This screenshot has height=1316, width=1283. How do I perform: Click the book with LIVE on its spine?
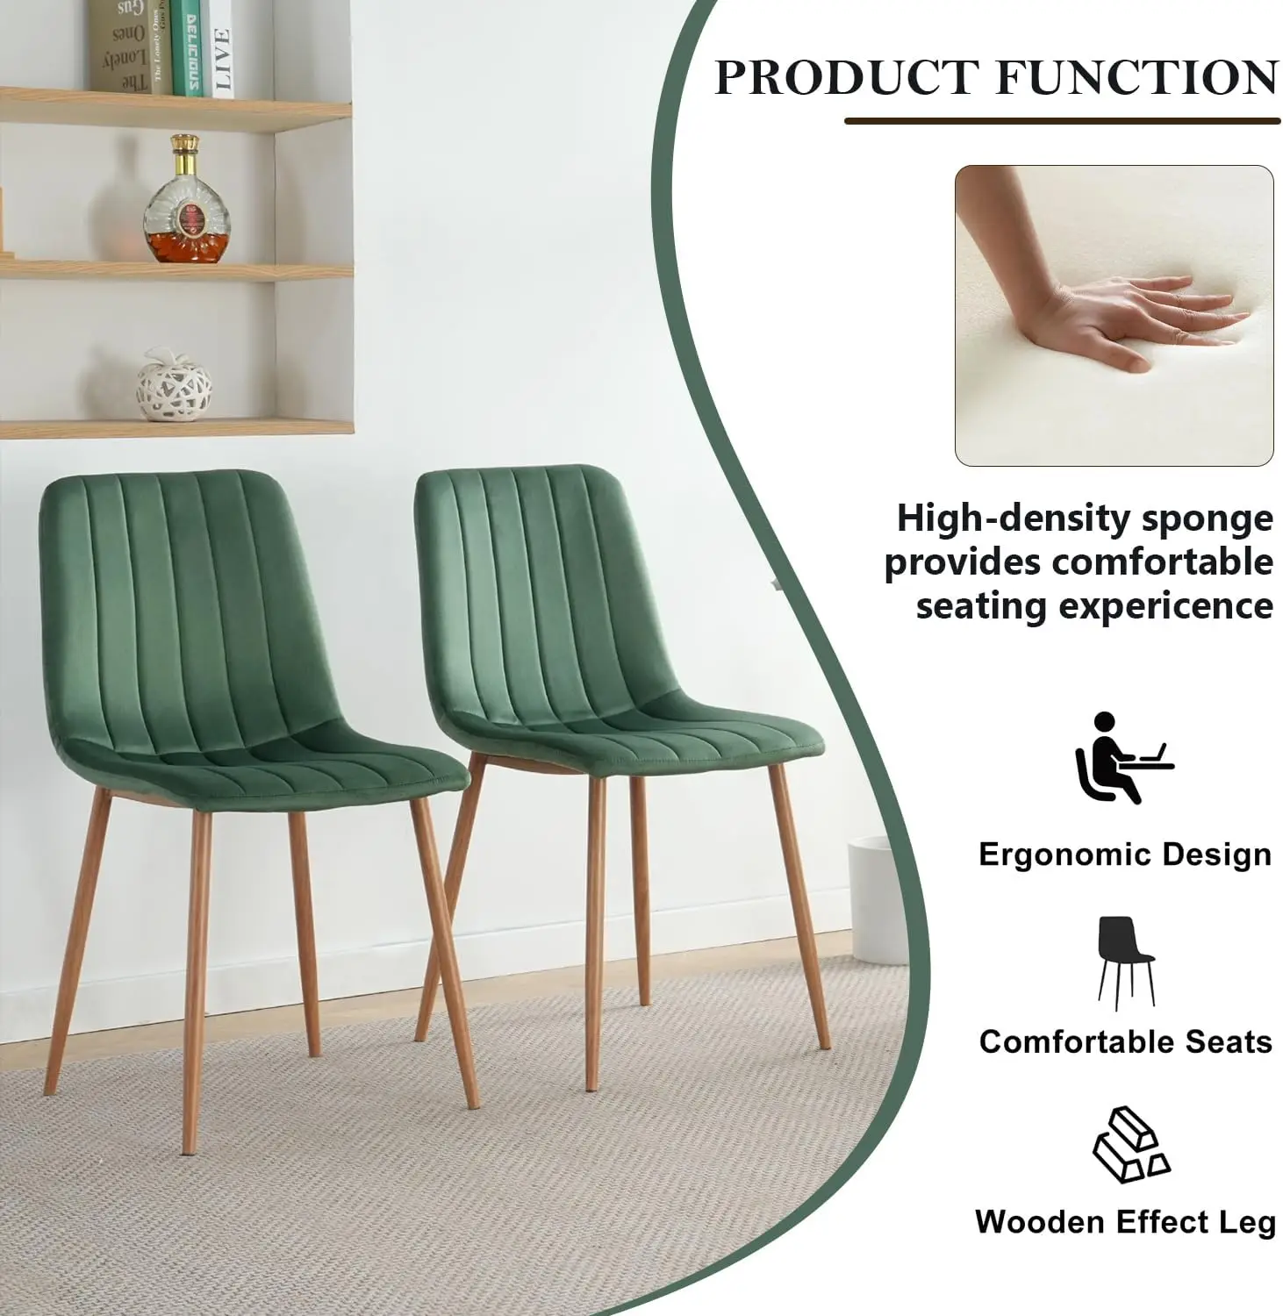(222, 47)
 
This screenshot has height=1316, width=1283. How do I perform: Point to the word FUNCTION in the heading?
(1136, 76)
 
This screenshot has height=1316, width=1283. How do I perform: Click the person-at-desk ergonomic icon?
(1122, 758)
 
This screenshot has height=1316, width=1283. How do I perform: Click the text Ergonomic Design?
(1124, 855)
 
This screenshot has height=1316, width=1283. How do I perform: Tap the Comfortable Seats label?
(1125, 1041)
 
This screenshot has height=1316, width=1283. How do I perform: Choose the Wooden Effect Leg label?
(1125, 1221)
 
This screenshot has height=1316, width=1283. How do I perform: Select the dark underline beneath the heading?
(1062, 120)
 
